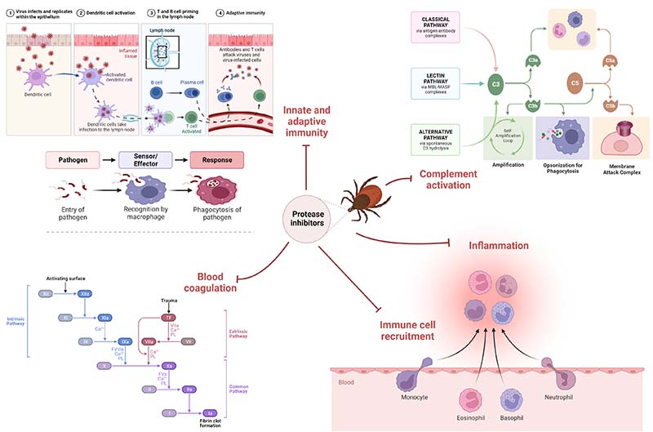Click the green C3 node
495,82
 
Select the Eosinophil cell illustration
473,399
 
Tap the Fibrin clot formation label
210,423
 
